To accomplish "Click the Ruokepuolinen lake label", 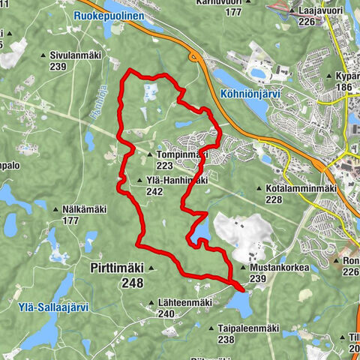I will coord(109,14).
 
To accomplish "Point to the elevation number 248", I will coord(131,283).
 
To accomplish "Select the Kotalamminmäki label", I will coord(299,188).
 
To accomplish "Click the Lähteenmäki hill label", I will coord(186,303).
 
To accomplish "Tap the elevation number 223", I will coord(166,166).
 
